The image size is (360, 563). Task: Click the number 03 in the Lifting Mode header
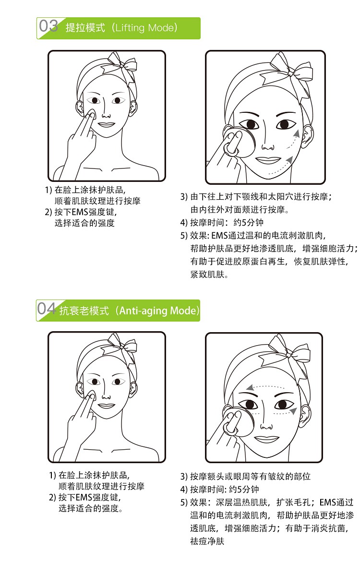point(48,26)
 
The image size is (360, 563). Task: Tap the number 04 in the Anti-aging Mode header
point(47,309)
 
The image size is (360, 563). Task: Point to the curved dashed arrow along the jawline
point(282,168)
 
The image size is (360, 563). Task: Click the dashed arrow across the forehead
point(265,387)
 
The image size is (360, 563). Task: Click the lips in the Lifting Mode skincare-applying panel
point(106,125)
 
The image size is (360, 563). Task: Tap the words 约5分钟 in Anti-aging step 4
point(244,489)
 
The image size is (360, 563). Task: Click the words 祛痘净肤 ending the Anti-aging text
point(207,541)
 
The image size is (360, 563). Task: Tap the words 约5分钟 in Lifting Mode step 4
point(248,222)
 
